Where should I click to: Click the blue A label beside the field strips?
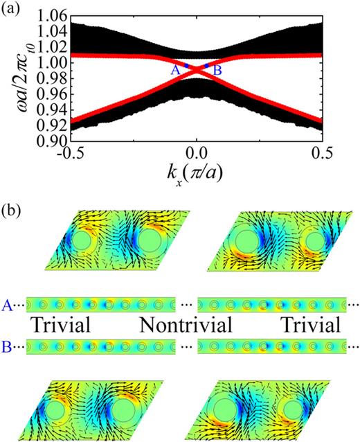coord(8,303)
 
